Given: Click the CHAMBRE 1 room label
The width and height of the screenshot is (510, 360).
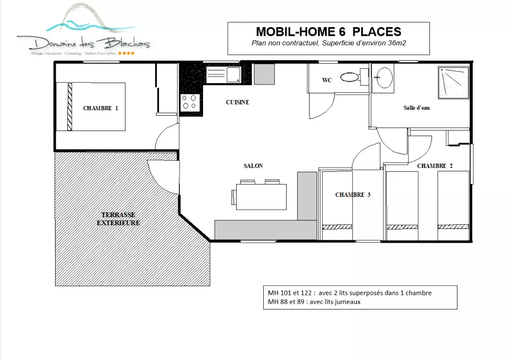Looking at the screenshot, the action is [x=100, y=108].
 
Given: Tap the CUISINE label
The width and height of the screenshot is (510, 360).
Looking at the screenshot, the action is [x=238, y=102].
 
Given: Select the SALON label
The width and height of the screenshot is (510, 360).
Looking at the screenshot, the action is [x=253, y=166].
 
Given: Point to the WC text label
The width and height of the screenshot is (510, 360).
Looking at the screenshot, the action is [x=327, y=80].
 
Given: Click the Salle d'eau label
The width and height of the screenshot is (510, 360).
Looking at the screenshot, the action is [x=416, y=108].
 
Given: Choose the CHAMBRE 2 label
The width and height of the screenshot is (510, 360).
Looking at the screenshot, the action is [x=435, y=166].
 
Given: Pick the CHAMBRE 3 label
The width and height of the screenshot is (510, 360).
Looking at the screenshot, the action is [x=352, y=194].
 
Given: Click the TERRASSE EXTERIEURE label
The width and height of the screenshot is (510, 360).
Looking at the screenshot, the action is [x=118, y=219].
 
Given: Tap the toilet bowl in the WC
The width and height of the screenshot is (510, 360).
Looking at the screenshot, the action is [x=350, y=77].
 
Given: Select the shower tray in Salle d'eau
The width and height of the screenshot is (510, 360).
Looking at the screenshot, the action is [x=453, y=83].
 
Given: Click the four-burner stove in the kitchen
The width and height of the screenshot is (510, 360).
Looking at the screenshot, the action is [x=190, y=102].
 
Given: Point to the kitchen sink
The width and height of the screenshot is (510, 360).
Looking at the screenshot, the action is [x=223, y=74].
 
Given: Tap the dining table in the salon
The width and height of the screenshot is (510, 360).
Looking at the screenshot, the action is [x=261, y=197].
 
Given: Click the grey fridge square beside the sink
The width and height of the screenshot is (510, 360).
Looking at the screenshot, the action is [x=264, y=74].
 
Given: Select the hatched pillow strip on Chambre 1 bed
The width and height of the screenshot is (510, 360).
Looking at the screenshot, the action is [x=69, y=107].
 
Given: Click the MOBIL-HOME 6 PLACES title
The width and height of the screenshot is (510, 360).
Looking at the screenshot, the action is [x=328, y=32].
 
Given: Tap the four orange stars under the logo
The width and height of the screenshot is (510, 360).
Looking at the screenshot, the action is [x=126, y=53].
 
